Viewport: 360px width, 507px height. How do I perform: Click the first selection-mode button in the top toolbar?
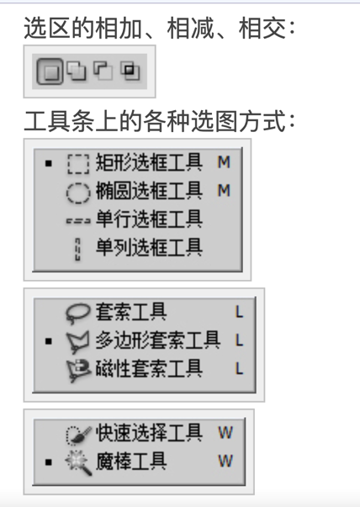(x=50, y=71)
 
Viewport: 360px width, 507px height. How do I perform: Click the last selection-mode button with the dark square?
(x=130, y=71)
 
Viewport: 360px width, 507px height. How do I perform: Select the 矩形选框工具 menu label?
(x=149, y=162)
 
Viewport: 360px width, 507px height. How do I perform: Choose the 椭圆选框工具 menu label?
(x=149, y=191)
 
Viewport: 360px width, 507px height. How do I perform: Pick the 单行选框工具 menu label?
(x=149, y=219)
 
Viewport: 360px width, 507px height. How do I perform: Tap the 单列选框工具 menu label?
(x=149, y=247)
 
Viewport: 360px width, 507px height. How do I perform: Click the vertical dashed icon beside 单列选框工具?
(x=77, y=250)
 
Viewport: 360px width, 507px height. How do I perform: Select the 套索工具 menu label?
(x=131, y=312)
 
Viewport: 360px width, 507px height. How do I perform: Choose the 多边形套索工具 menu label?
(x=158, y=341)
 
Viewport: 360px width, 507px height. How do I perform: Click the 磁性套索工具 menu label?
(x=149, y=368)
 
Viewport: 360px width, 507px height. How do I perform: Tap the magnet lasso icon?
(x=78, y=370)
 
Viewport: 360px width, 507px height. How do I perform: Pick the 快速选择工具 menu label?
(x=149, y=433)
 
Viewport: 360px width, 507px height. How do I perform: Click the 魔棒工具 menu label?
(x=131, y=461)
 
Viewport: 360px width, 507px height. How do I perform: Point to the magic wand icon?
(x=78, y=462)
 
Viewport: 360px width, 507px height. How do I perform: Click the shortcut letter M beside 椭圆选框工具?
(x=224, y=191)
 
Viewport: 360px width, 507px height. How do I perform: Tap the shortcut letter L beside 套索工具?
(x=239, y=312)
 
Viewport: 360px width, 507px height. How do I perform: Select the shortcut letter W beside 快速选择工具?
(x=225, y=433)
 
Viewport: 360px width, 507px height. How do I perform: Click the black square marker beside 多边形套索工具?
(x=49, y=341)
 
